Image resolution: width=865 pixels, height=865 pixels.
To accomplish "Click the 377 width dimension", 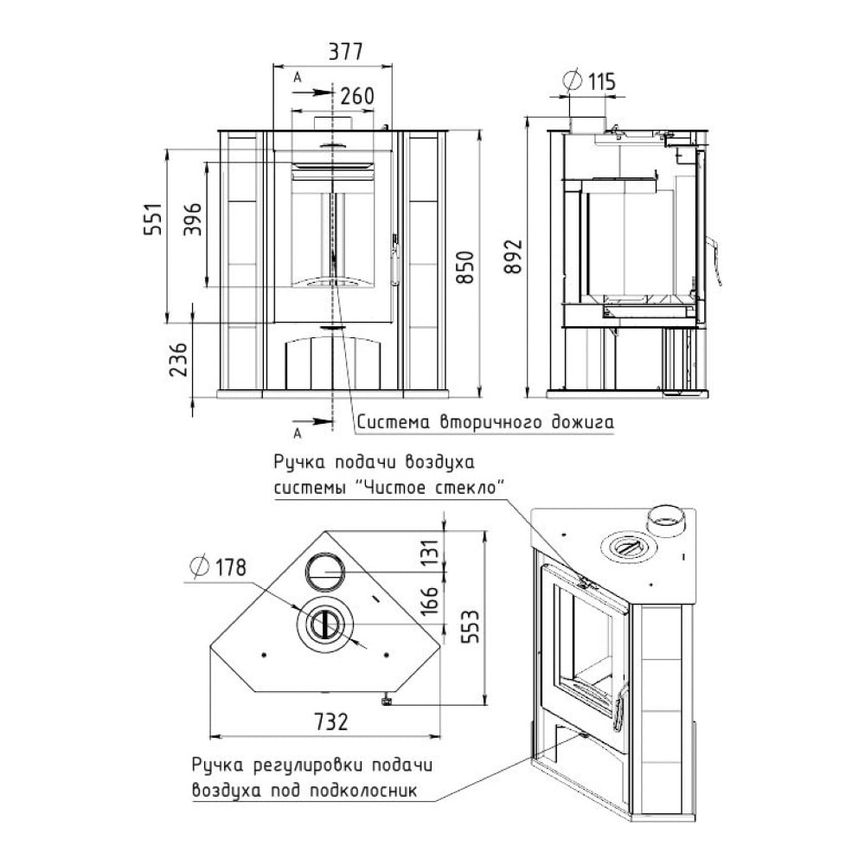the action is pyautogui.click(x=346, y=52).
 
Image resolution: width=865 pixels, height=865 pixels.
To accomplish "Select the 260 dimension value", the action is pyautogui.click(x=357, y=96).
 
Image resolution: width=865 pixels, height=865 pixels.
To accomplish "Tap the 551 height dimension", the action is pyautogui.click(x=154, y=220).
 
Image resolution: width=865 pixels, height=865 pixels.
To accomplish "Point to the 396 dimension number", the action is pyautogui.click(x=193, y=220).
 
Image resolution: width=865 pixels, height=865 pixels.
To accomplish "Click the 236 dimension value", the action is pyautogui.click(x=178, y=360).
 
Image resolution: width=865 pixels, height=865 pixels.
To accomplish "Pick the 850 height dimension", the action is pyautogui.click(x=467, y=267).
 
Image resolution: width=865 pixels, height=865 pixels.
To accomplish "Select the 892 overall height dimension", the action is pyautogui.click(x=514, y=256).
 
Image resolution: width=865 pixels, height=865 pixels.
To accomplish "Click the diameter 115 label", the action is pyautogui.click(x=589, y=81).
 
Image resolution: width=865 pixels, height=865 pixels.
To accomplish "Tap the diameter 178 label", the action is pyautogui.click(x=218, y=567).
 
